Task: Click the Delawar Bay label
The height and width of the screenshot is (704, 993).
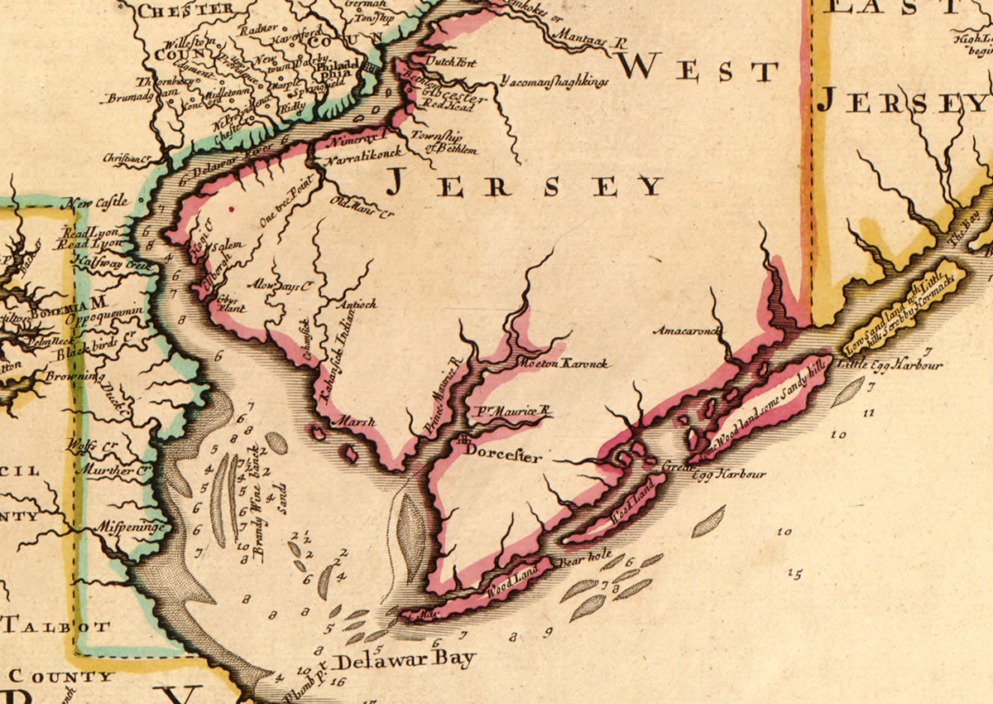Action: click(x=404, y=660)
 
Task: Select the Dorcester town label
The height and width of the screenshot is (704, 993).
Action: click(x=495, y=455)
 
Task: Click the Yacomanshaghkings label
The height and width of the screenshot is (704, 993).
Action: click(x=554, y=81)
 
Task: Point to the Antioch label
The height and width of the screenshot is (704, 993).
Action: click(x=357, y=304)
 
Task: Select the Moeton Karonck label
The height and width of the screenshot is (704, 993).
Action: click(x=561, y=364)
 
